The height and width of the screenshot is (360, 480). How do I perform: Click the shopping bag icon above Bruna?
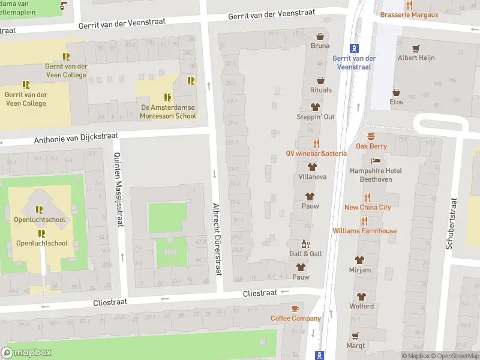point(320,36)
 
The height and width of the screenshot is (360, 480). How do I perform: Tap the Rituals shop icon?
point(320,80)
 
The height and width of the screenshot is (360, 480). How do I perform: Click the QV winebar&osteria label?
point(316,153)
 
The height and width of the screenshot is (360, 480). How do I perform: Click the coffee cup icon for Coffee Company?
point(295,308)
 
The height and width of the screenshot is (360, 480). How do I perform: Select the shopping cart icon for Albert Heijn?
point(416,48)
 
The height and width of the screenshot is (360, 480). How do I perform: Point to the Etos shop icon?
point(396,92)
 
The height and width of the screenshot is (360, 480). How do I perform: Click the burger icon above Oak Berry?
point(371,136)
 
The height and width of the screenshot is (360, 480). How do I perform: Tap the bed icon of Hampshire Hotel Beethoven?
point(376,161)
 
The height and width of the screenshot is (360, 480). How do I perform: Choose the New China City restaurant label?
point(367,207)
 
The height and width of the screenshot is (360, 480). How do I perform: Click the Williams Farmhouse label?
point(365,230)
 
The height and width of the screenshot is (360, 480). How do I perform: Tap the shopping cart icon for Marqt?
point(355,335)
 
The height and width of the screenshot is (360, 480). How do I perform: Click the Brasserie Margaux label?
point(409,14)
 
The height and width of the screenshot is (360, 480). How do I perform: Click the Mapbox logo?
point(26,353)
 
